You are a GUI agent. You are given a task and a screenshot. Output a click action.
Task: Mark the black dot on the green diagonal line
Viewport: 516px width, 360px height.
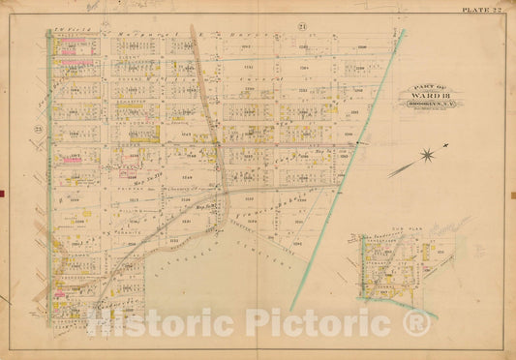358,143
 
